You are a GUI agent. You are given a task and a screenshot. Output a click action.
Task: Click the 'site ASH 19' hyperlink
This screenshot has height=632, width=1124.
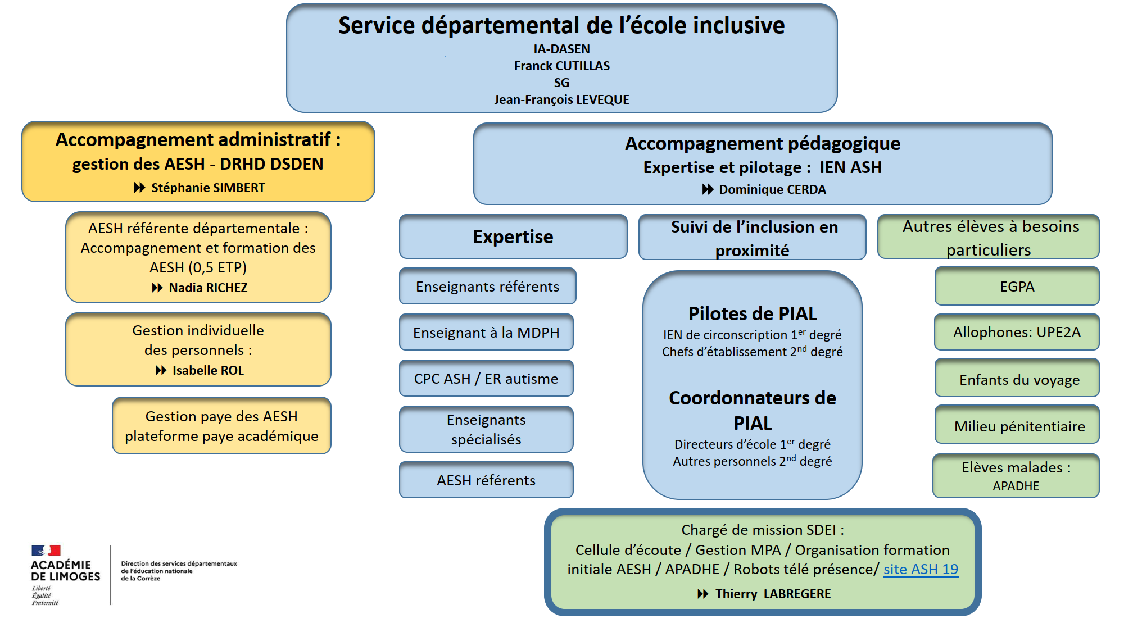coord(921,569)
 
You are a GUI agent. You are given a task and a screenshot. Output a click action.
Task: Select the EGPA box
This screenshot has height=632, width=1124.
coord(1017,286)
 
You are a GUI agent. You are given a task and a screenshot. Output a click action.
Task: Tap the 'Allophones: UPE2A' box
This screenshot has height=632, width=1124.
coord(1017,332)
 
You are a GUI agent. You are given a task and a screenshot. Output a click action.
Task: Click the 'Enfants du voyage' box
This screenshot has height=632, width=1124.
coord(1017,378)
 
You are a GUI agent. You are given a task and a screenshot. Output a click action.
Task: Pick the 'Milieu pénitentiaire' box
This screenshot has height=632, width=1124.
coord(1017,425)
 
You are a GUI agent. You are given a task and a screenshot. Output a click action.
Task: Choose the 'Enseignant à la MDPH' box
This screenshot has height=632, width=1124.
coord(486,332)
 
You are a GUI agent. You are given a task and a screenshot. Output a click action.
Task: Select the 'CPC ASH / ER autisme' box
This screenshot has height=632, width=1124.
coord(486,378)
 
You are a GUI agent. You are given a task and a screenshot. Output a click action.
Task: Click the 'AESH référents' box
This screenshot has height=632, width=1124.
coord(486,480)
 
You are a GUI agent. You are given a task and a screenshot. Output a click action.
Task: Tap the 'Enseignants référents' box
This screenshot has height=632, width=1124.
coord(487,286)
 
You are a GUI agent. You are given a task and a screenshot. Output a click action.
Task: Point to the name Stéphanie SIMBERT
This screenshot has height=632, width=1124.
coord(208,188)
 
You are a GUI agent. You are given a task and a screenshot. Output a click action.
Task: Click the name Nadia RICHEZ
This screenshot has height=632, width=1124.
coord(208,288)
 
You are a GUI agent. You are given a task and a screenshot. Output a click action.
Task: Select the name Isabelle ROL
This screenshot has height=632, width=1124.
coord(208,370)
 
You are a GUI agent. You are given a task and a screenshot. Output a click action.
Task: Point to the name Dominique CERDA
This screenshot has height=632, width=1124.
coord(773,189)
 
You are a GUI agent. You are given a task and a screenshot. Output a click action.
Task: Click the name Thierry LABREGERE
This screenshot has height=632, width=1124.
coord(773,594)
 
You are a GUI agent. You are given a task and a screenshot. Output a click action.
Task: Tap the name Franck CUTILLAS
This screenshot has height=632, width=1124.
coord(562,66)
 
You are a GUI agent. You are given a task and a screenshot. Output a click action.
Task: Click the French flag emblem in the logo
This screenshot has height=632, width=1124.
coord(46,550)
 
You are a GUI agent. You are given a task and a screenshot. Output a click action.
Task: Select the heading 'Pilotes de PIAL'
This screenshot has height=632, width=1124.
coord(753,313)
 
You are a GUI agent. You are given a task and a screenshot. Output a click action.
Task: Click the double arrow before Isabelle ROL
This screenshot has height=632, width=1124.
coord(161,370)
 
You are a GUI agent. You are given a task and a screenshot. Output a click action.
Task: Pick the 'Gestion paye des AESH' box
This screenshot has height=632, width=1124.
coord(221,426)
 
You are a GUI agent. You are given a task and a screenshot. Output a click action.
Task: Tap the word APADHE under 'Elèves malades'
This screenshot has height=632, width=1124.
coord(1016,486)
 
